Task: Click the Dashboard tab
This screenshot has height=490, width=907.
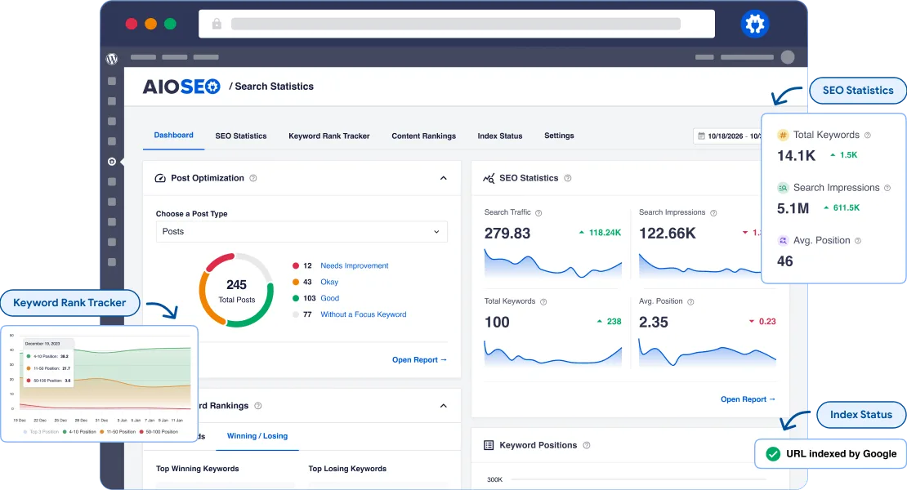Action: [x=173, y=136]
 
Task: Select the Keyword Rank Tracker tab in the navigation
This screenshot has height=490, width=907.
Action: [x=328, y=136]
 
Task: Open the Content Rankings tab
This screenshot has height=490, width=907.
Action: [x=423, y=136]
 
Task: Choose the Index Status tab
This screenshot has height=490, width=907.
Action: [x=499, y=136]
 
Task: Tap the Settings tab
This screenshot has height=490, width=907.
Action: [x=559, y=136]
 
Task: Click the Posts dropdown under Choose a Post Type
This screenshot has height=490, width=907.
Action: [x=302, y=232]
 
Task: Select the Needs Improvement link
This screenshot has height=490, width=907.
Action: [x=354, y=266]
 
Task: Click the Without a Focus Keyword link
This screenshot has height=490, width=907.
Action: [x=363, y=314]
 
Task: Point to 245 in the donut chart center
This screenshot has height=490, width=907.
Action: [x=236, y=285]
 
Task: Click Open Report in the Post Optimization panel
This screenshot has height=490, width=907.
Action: [x=419, y=360]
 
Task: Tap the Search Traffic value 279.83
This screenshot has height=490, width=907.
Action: [x=507, y=234]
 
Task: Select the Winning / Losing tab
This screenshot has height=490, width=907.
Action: [x=257, y=436]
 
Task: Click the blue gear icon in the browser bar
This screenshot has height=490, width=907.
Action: [x=754, y=24]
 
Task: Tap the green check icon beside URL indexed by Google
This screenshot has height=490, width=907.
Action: [x=771, y=454]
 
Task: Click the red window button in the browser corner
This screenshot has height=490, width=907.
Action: [x=131, y=24]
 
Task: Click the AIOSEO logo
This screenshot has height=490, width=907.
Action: [x=181, y=87]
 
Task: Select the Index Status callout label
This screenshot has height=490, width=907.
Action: [x=861, y=415]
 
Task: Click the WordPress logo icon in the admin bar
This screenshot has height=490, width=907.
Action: [x=112, y=58]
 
